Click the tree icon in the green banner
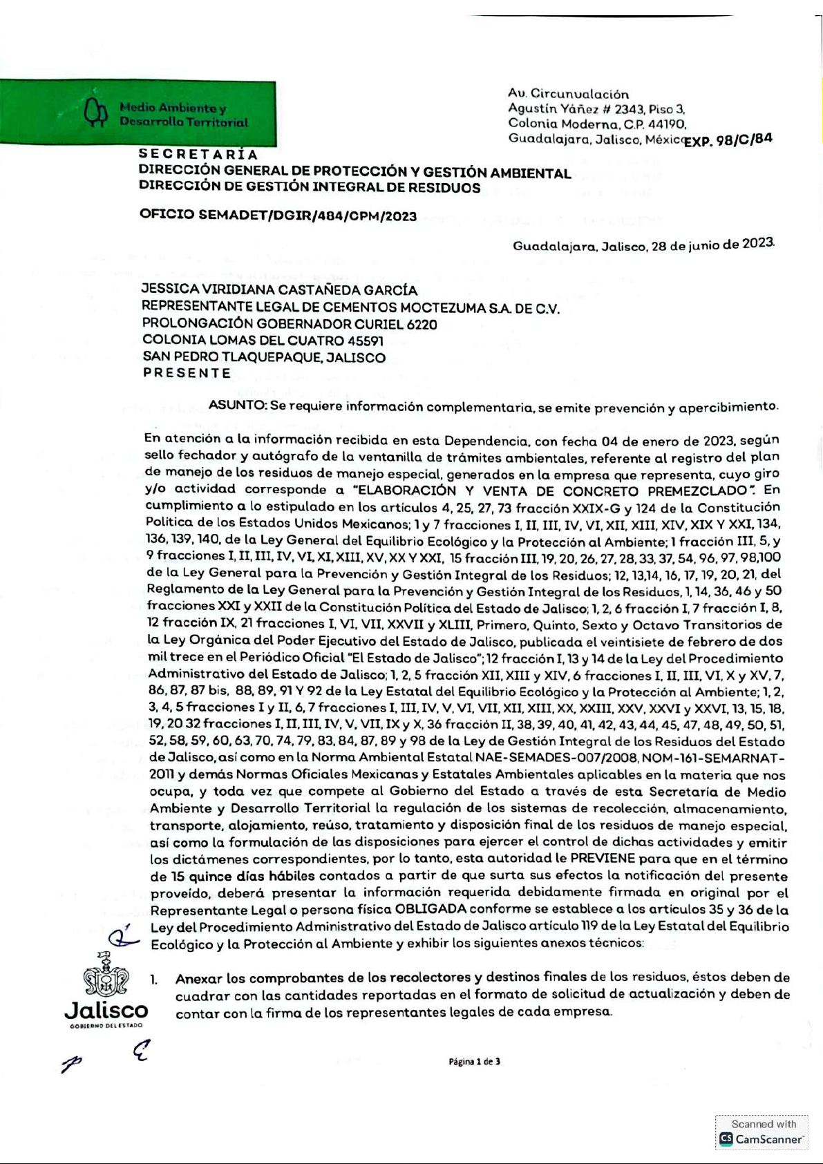(x=95, y=113)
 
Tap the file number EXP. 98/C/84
(x=727, y=140)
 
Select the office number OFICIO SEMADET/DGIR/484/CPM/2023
(x=278, y=215)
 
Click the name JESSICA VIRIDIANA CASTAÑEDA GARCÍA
(x=279, y=290)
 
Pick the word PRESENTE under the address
(x=187, y=373)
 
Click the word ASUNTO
(x=237, y=406)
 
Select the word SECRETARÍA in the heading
(x=198, y=155)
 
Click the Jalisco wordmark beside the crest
(x=106, y=1011)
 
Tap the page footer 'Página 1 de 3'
(x=474, y=1062)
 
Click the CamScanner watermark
(x=761, y=1132)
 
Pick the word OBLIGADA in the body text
(x=431, y=909)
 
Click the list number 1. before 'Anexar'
(x=154, y=979)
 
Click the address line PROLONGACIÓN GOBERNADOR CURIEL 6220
(x=290, y=324)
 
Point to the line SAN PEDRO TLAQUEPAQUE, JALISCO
(x=264, y=357)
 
